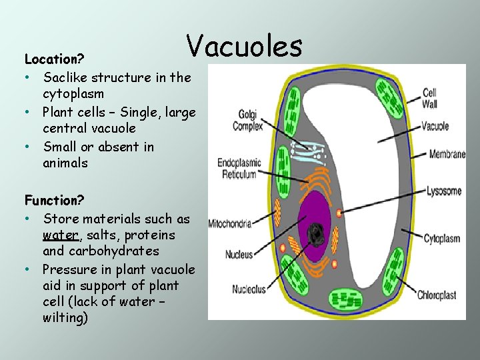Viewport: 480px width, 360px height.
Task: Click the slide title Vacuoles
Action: pyautogui.click(x=244, y=45)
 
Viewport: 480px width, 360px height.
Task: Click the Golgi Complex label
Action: pyautogui.click(x=247, y=121)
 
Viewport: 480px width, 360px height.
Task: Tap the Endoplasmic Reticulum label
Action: pyautogui.click(x=236, y=168)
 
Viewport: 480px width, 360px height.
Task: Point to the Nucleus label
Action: pyautogui.click(x=239, y=254)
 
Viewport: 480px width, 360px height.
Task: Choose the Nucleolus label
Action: pyautogui.click(x=249, y=289)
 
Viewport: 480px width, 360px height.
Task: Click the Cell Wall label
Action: pyautogui.click(x=430, y=98)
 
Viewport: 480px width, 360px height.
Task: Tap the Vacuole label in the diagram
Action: pyautogui.click(x=435, y=126)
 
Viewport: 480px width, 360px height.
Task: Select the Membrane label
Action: pyautogui.click(x=447, y=154)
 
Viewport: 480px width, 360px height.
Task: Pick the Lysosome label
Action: pyautogui.click(x=444, y=191)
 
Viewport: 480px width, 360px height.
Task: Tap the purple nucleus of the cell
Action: pyautogui.click(x=313, y=213)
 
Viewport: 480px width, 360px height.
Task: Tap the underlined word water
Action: pyautogui.click(x=61, y=235)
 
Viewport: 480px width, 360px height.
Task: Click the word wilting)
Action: pyautogui.click(x=65, y=318)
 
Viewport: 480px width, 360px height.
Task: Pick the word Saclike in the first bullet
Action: pyautogui.click(x=66, y=77)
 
